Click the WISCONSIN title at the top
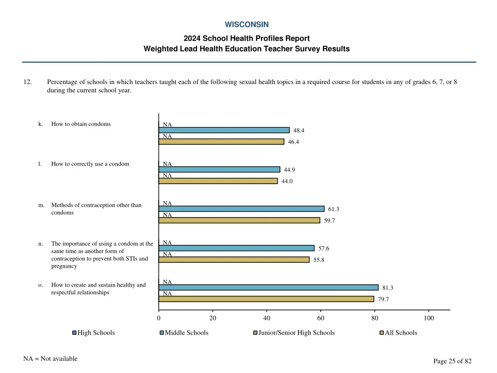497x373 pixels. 247,24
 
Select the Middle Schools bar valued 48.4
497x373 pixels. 224,130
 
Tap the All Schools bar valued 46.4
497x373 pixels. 221,142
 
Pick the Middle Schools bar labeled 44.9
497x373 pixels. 219,170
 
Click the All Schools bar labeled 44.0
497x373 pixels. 218,181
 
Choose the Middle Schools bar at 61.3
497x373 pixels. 241,209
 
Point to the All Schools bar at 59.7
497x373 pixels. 239,220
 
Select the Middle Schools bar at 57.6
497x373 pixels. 236,248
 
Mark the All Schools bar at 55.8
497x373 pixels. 234,260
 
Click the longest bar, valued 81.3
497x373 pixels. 268,288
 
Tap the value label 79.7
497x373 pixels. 383,299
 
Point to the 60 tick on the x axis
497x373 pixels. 320,318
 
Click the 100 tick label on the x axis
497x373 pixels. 429,318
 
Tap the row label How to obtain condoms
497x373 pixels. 81,124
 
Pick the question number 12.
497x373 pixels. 28,82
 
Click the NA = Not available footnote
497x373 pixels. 50,359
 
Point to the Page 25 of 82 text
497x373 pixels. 452,361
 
